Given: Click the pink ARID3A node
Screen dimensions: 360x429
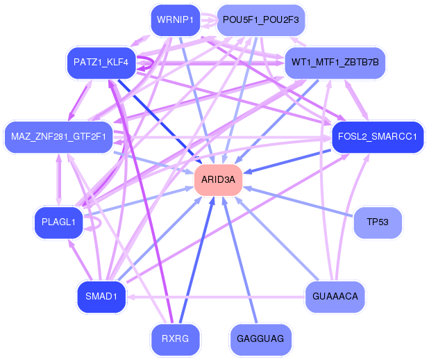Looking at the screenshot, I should click(x=218, y=179).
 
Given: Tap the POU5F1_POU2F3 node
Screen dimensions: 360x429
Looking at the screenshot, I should click(x=260, y=19).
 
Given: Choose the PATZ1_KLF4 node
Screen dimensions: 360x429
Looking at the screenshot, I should click(x=101, y=62).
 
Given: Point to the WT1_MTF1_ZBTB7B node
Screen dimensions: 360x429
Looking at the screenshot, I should click(x=335, y=62).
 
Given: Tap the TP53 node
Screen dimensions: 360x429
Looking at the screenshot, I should click(x=378, y=222).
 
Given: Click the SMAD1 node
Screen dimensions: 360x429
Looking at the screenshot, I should click(x=101, y=296).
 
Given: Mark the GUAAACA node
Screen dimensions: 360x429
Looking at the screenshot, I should click(x=335, y=296).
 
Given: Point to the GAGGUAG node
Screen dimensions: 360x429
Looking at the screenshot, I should click(x=260, y=339).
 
